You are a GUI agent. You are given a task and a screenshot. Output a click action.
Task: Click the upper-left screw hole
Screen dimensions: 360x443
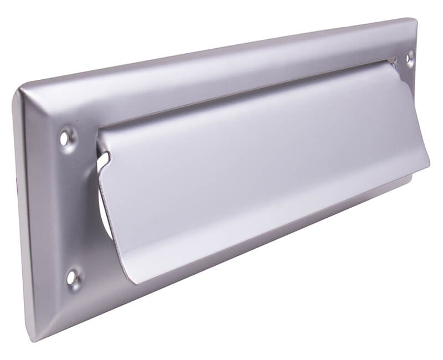[x=68, y=136]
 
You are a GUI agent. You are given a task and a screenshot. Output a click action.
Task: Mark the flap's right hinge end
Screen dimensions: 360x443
[x=394, y=63]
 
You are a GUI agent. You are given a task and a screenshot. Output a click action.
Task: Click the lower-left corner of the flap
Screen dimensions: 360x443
[x=133, y=280]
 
